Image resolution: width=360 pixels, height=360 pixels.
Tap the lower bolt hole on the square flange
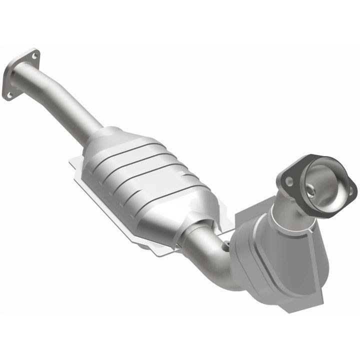pyautogui.click(x=8, y=93)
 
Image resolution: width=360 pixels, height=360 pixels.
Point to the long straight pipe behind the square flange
pyautogui.click(x=60, y=100)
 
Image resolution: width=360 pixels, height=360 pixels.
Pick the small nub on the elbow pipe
pyautogui.click(x=226, y=244)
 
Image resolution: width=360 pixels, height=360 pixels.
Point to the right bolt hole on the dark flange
pyautogui.click(x=351, y=190)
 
